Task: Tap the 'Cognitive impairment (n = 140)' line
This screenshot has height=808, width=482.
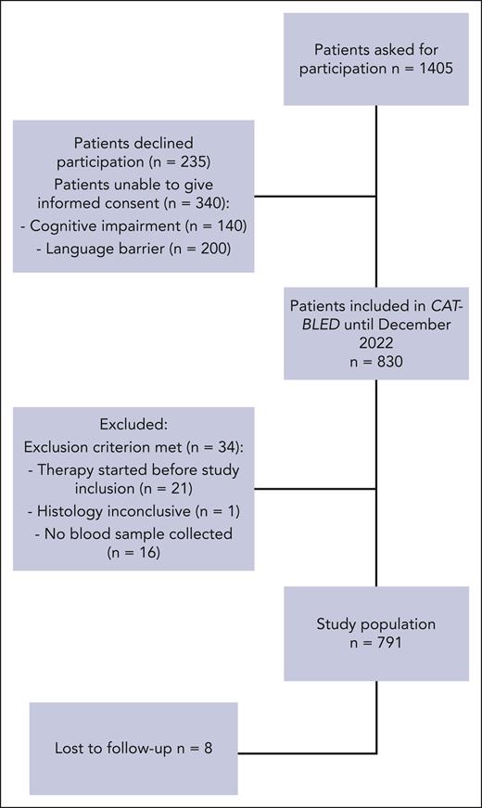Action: tap(133, 225)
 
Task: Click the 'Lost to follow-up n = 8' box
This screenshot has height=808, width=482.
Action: tap(133, 748)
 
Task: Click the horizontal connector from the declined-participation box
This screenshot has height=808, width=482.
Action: tap(315, 197)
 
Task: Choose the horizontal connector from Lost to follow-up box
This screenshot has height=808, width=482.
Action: tap(307, 751)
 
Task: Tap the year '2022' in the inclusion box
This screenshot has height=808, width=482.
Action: tap(376, 331)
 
